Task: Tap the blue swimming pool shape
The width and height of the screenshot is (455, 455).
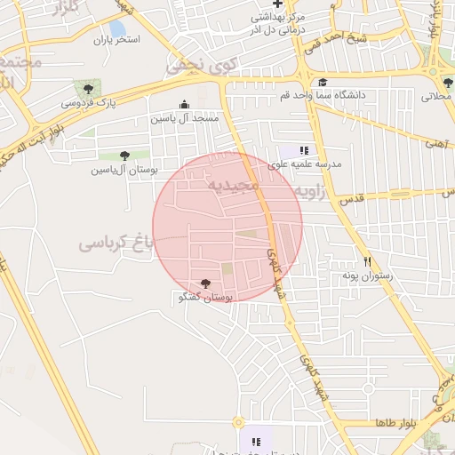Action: (x=116, y=29)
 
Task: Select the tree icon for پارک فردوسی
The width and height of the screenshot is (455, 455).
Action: (x=87, y=87)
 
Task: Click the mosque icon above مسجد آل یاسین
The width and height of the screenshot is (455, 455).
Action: (x=184, y=104)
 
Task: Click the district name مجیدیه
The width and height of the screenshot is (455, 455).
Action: (x=232, y=185)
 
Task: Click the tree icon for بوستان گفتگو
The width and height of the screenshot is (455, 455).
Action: (x=206, y=283)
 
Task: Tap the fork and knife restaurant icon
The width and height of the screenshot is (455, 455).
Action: (x=367, y=261)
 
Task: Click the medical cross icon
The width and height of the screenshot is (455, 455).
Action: (x=277, y=4)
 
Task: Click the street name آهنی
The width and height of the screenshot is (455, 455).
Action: (x=435, y=141)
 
